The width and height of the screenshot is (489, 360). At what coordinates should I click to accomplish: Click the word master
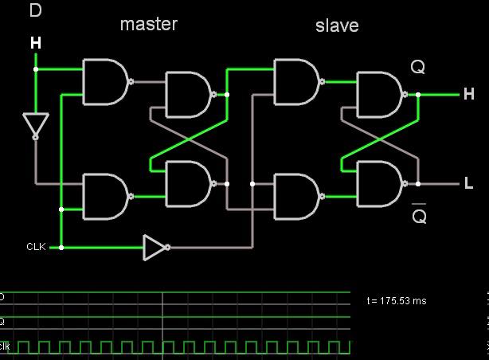pos(148,24)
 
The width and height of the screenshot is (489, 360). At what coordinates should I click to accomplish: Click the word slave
pos(337,25)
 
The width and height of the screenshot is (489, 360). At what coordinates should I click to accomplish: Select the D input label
pos(35,10)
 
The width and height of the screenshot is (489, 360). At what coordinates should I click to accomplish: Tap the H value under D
pos(35,42)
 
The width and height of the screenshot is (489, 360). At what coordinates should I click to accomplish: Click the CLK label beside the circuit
pos(36,247)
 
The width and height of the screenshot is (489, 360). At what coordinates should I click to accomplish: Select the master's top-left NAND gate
pos(105,81)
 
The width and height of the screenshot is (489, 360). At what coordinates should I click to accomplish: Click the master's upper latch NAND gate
pos(187,94)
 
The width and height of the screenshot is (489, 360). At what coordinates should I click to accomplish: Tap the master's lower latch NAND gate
pos(187,183)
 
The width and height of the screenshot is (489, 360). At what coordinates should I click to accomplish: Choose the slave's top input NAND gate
pos(296,81)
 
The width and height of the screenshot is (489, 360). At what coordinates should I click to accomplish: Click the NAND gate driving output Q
pos(379,94)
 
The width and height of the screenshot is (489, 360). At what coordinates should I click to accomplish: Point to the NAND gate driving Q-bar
pos(379,183)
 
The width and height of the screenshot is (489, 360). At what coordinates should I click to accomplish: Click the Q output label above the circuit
pos(418,67)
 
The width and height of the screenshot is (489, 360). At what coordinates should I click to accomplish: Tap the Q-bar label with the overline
pos(419,214)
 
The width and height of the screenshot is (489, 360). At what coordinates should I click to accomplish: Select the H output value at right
pos(468,94)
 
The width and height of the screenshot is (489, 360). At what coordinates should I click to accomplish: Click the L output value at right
pos(469,183)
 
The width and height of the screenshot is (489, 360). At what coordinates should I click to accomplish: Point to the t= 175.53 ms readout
pos(397,301)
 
